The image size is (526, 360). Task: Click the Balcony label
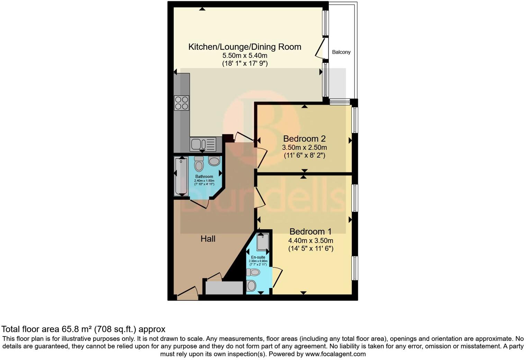[341, 52]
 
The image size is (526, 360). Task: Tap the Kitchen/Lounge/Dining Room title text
[244, 47]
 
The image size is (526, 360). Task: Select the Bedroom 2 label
[304, 139]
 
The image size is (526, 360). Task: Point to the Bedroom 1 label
[310, 232]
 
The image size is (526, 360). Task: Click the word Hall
[208, 239]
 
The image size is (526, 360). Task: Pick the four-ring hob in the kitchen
[182, 103]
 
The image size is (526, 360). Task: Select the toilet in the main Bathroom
[199, 164]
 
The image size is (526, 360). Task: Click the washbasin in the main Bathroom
[214, 161]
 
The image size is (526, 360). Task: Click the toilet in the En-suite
[253, 272]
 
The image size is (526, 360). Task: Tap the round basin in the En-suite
[252, 286]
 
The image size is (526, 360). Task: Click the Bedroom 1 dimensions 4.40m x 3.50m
[310, 241]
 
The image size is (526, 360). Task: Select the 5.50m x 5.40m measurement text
[244, 56]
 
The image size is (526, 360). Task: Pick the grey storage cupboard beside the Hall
[224, 288]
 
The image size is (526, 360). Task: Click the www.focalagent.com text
[335, 354]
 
